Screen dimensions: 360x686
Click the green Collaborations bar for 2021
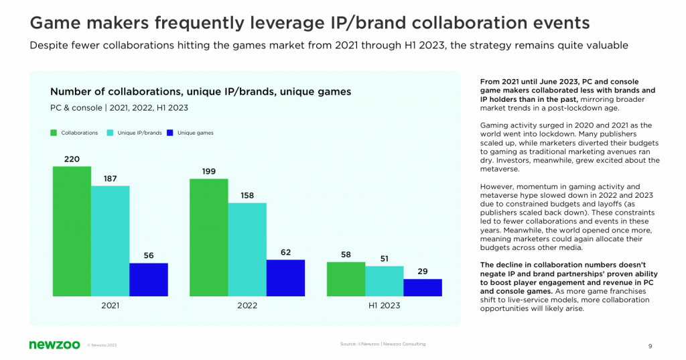point(72,231)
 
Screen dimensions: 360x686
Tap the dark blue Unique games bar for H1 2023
point(423,288)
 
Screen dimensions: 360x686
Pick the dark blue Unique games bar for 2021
point(149,280)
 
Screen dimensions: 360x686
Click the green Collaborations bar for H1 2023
point(346,279)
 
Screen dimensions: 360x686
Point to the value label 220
point(72,160)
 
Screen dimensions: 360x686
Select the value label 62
point(285,253)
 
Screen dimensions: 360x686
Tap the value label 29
point(423,272)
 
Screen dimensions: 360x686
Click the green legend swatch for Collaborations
point(54,133)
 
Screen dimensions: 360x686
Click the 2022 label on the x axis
point(247,305)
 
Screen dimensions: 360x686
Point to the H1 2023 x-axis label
point(384,305)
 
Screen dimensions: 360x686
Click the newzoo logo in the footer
point(55,345)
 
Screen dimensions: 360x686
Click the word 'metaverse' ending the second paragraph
point(500,169)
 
